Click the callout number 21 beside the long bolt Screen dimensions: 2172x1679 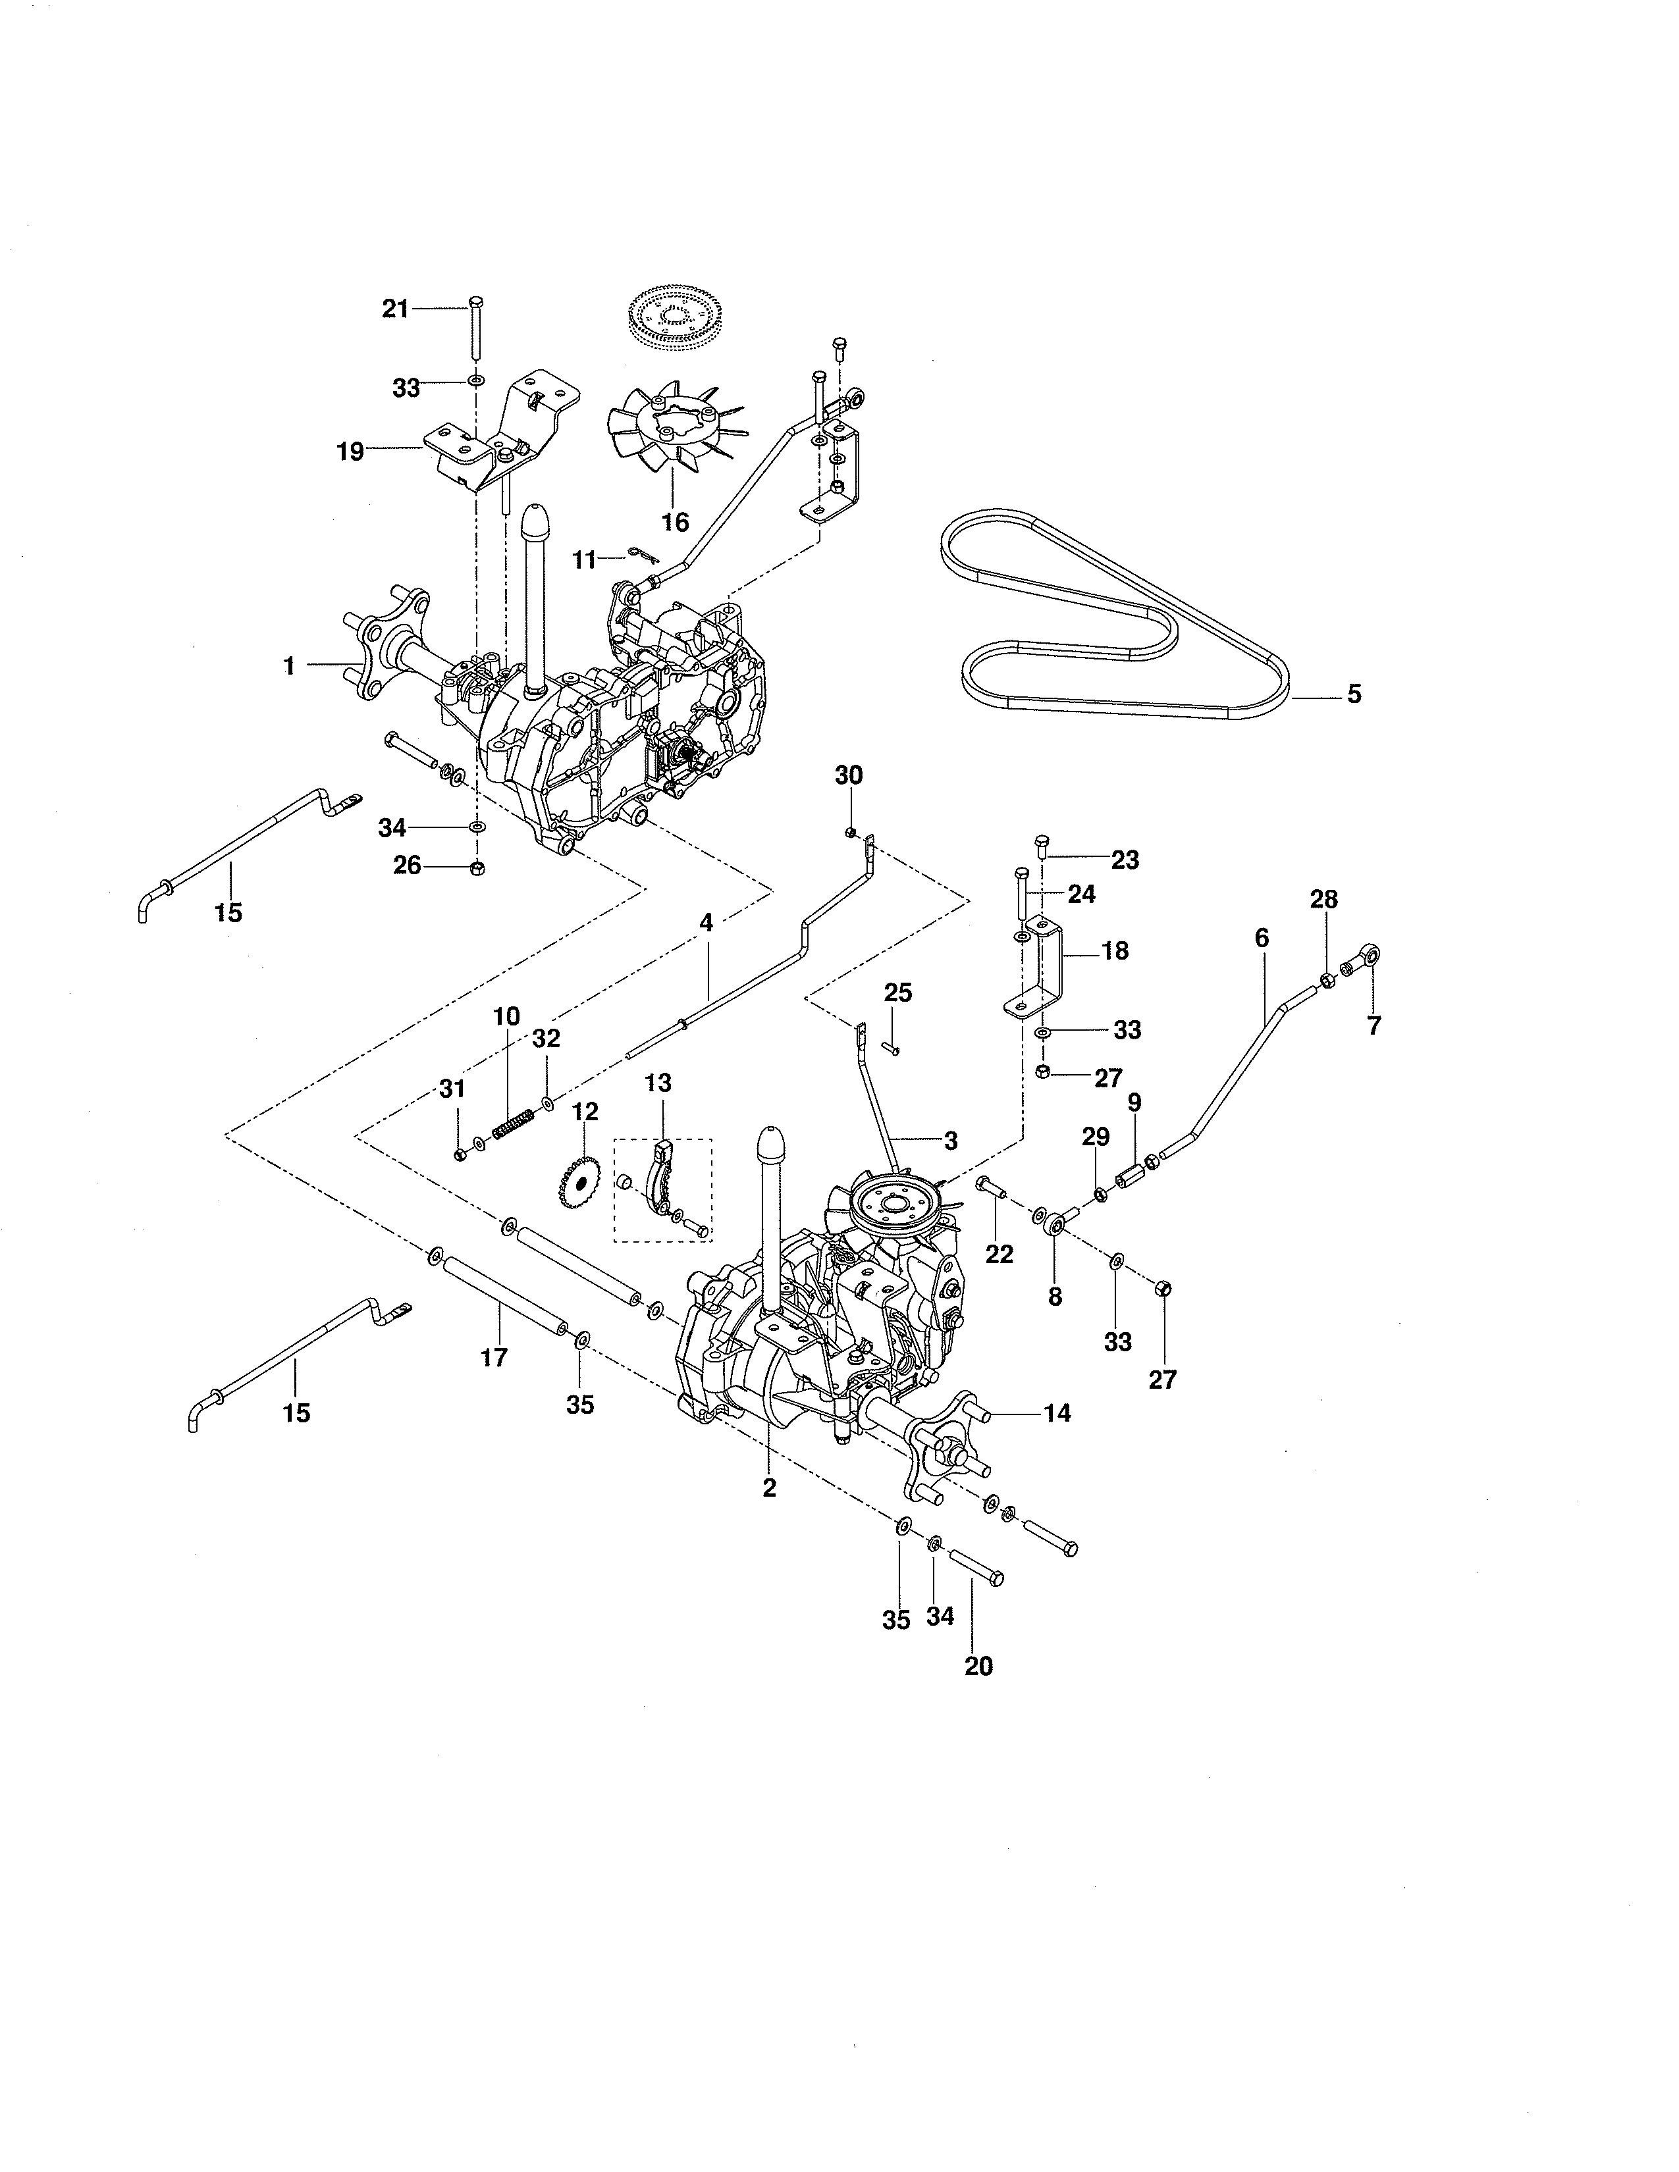click(395, 309)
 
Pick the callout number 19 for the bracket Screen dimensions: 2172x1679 click(350, 452)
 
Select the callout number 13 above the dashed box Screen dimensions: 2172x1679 click(658, 1083)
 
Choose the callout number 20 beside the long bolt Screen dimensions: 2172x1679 click(978, 1666)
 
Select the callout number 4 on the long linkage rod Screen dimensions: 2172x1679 click(706, 922)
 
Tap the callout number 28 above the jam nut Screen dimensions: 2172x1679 click(1324, 899)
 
